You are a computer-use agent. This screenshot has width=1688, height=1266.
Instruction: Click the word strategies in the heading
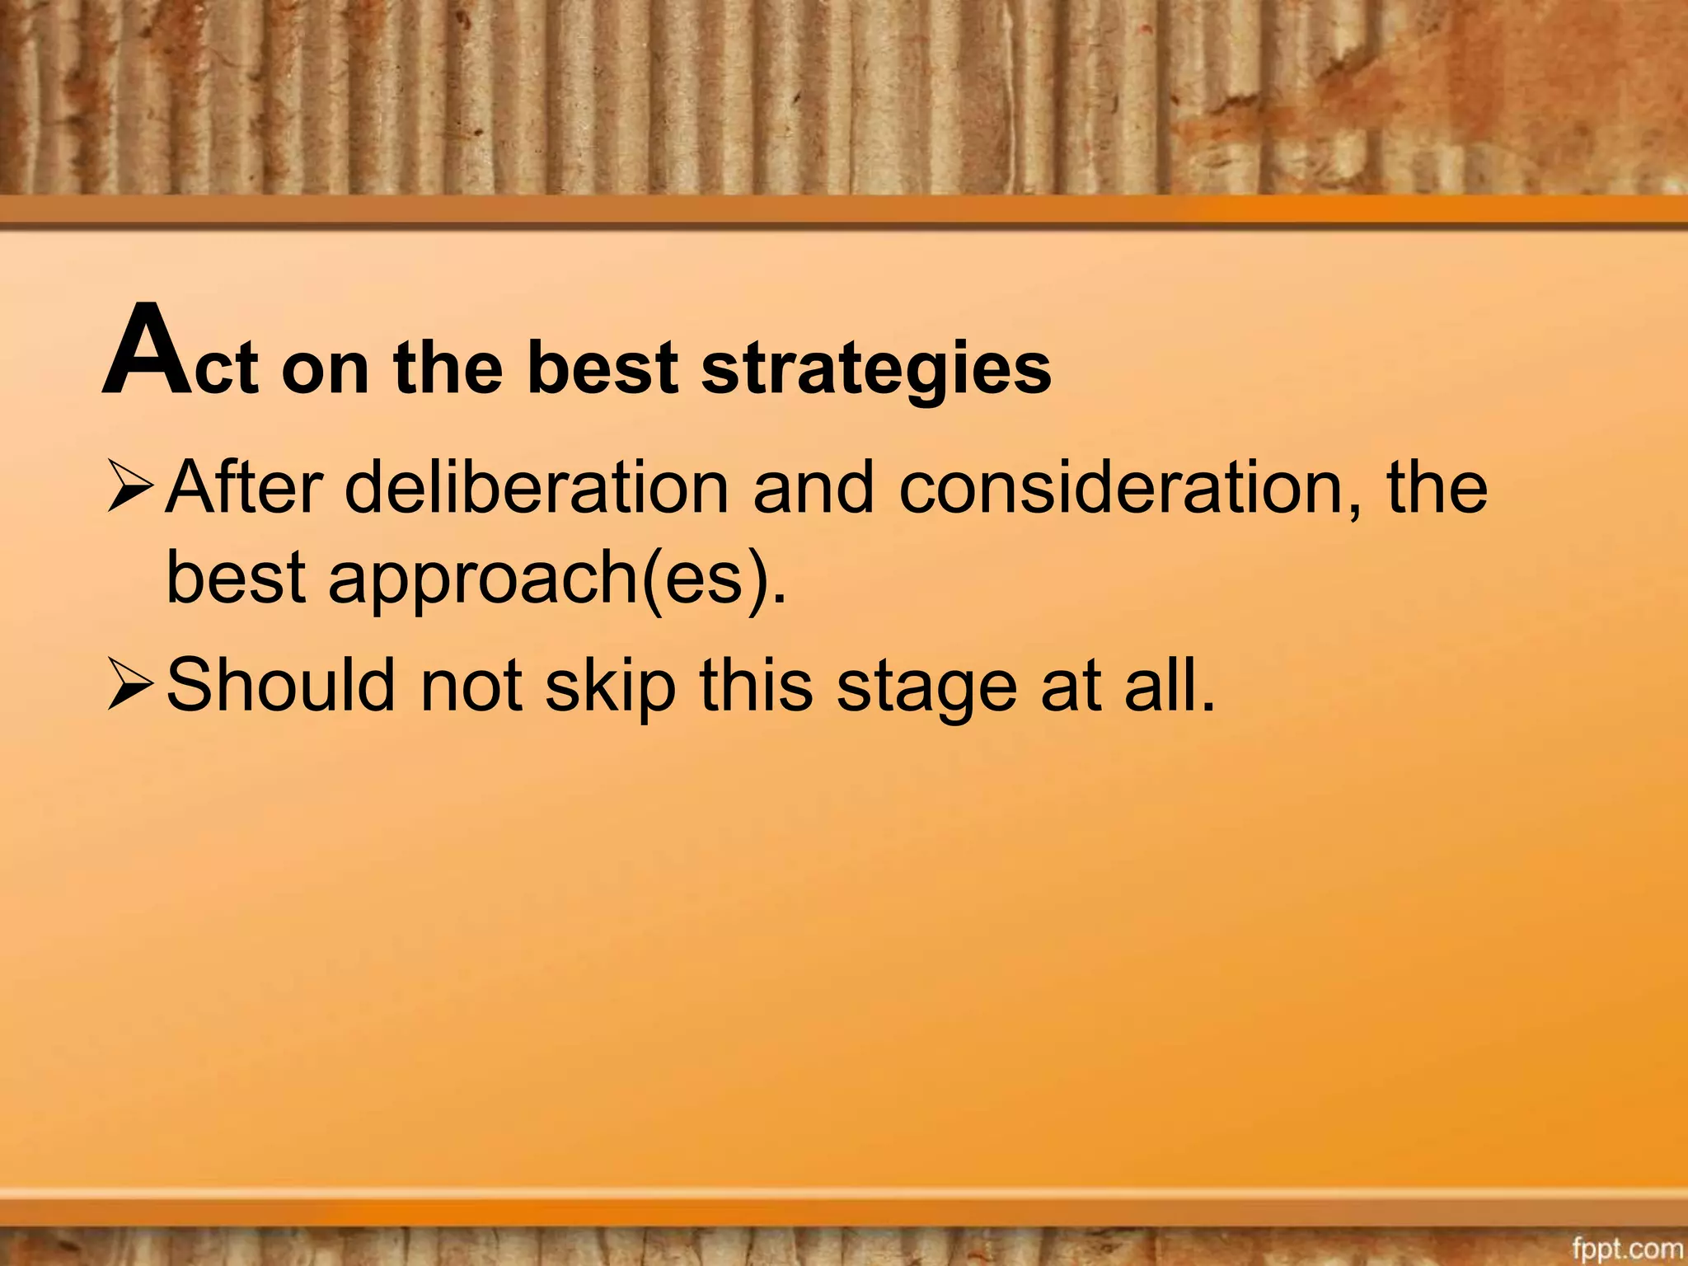(876, 368)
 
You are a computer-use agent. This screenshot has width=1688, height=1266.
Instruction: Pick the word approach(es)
(557, 577)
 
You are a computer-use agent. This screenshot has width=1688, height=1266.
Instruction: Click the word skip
(610, 687)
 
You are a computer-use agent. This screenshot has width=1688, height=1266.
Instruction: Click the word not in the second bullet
(471, 685)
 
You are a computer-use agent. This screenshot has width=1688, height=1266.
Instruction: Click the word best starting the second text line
(237, 577)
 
